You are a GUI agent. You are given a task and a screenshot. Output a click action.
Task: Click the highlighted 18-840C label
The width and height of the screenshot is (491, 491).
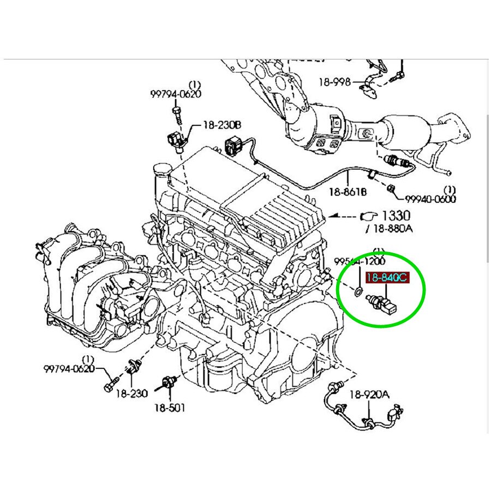[x=386, y=278]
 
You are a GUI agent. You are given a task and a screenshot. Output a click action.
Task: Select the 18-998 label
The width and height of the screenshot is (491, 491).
[x=334, y=82]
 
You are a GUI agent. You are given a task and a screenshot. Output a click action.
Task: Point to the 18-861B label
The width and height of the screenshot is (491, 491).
[x=348, y=191]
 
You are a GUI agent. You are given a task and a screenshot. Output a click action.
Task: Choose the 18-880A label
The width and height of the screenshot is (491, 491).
[x=391, y=229]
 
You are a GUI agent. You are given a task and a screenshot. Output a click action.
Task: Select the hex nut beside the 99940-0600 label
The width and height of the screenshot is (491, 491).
[x=392, y=189]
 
